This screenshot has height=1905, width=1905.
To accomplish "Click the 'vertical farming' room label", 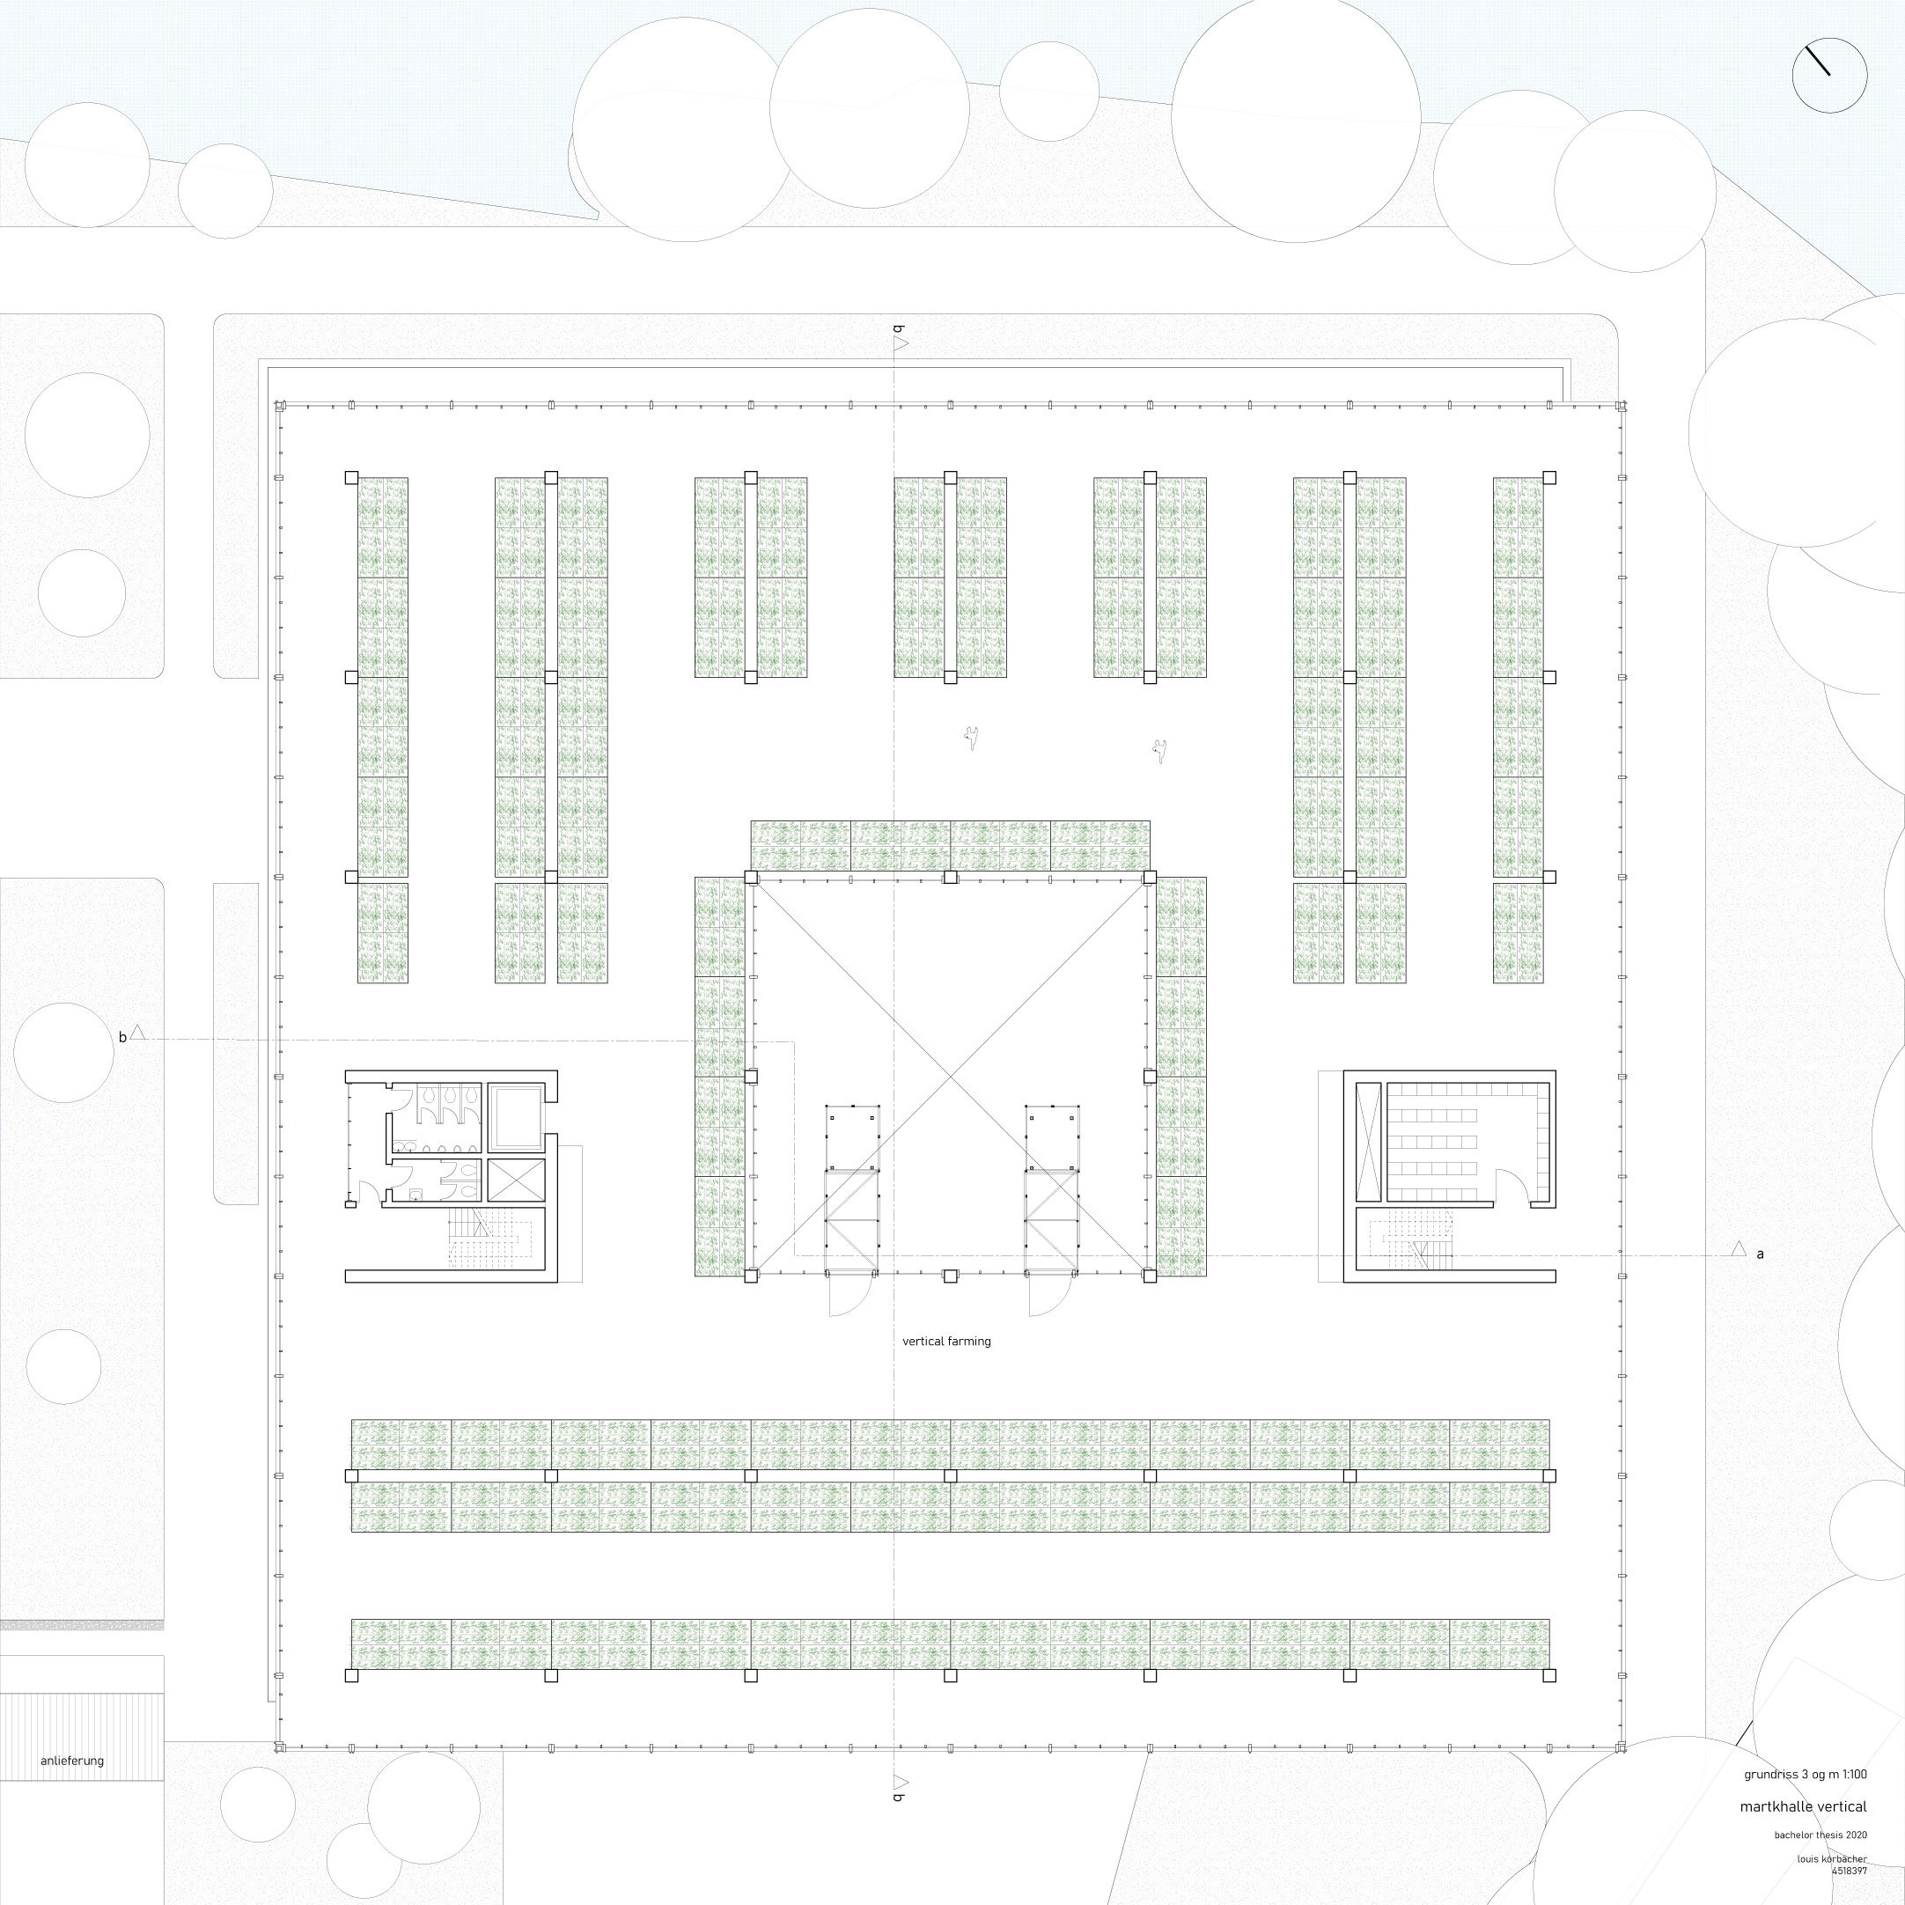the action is click(946, 1341).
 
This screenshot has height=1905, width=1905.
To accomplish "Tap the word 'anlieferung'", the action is click(72, 1760).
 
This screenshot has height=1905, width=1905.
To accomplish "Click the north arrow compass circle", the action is click(1829, 75).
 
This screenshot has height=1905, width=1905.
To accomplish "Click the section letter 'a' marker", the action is click(1760, 1254).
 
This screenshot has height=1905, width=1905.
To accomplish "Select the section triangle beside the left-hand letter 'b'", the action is click(138, 1033).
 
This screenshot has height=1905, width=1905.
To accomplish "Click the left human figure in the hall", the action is click(971, 737).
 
